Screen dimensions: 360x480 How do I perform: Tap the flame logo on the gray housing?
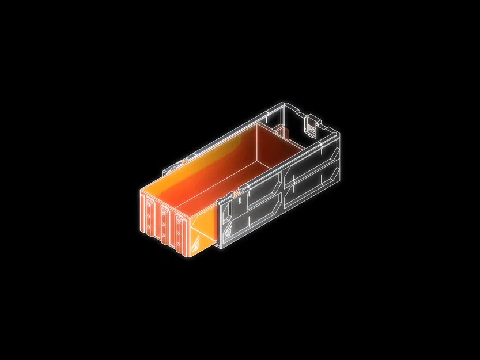pos(229,232)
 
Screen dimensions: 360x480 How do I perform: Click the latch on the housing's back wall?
pos(311,126)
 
